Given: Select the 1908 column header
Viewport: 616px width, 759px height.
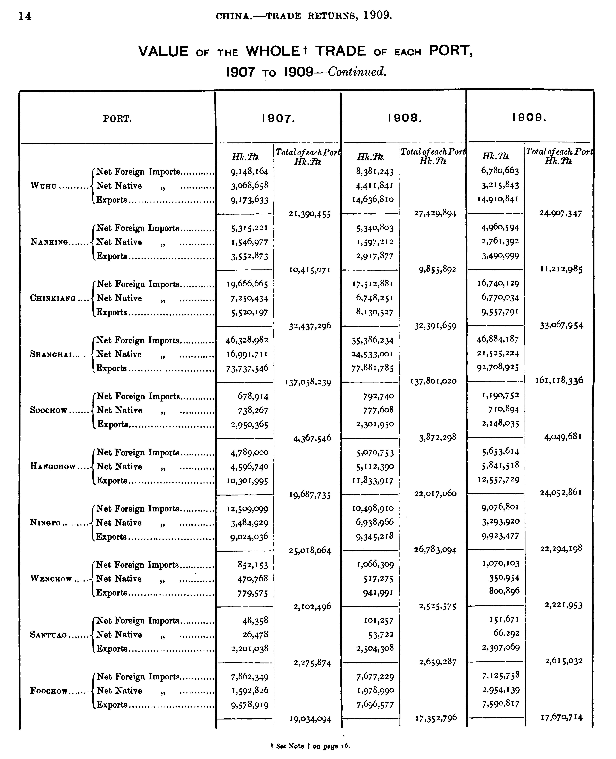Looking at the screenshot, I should coord(405,118).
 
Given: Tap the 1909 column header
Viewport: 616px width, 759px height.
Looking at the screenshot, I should coord(529,117).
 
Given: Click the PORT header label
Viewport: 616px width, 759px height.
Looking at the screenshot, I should coord(117,119).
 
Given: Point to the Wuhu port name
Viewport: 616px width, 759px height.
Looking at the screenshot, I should coord(43,186).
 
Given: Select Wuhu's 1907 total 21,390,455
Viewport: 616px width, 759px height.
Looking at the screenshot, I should coord(310,214).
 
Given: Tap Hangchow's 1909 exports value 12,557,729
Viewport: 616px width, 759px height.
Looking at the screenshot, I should coord(498,480).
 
